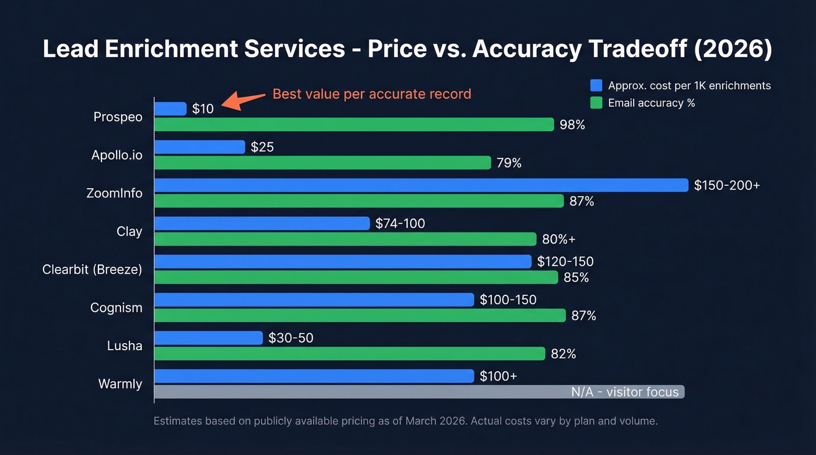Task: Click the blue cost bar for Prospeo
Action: (170, 109)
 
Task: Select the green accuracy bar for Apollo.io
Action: (322, 163)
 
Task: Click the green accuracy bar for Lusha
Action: (350, 354)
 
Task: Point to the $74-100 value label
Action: (400, 224)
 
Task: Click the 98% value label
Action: (572, 125)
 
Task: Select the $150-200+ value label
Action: (727, 185)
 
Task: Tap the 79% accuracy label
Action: (509, 163)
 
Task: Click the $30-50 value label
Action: (291, 338)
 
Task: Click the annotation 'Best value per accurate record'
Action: (372, 94)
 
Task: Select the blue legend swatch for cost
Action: (596, 86)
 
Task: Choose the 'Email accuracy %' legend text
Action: (651, 103)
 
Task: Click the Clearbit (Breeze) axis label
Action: (92, 270)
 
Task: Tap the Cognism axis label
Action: (116, 308)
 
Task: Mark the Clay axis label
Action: (129, 231)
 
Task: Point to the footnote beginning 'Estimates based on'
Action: (405, 421)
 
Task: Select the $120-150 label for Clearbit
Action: (565, 262)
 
